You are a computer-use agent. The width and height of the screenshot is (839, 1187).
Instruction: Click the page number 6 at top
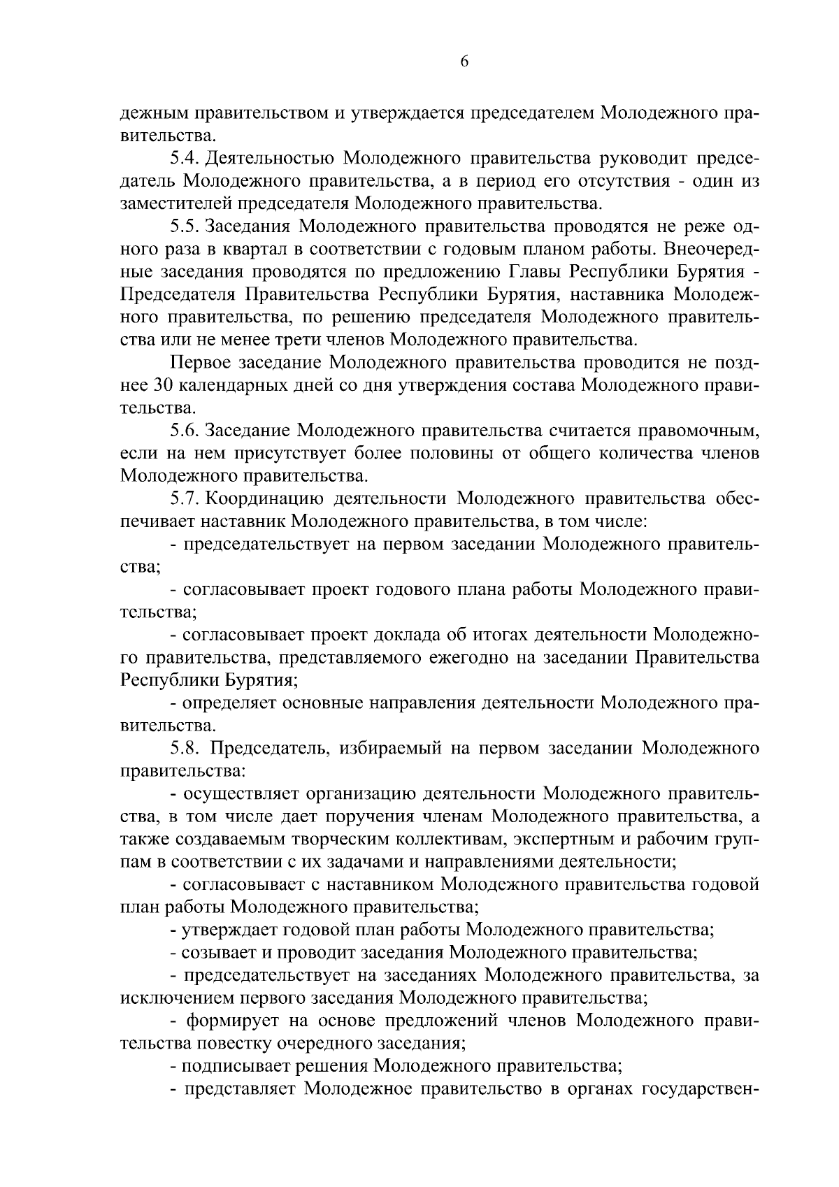[x=464, y=62]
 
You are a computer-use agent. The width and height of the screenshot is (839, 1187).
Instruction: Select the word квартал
[x=255, y=249]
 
